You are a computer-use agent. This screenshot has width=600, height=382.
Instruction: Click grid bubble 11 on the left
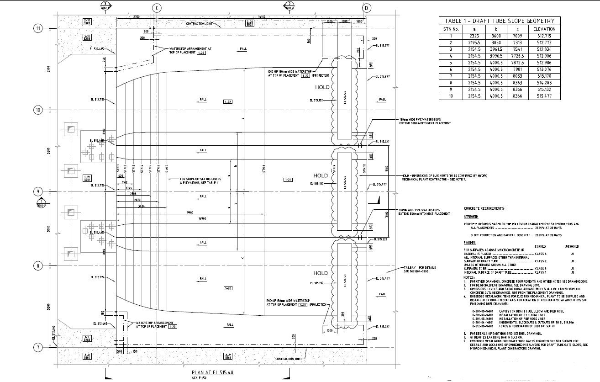pos(38,28)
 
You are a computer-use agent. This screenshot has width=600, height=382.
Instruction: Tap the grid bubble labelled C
pos(157,8)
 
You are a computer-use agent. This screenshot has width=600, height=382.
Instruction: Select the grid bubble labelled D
pos(367,8)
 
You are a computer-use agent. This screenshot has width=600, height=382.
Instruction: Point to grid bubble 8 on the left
pos(38,266)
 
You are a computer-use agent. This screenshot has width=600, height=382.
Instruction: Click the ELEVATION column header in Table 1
pos(544,29)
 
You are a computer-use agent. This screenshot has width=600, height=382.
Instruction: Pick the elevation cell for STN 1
pos(544,36)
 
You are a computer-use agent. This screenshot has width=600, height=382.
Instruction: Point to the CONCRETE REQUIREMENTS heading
pos(484,208)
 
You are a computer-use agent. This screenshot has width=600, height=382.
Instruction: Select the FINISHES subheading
pos(469,243)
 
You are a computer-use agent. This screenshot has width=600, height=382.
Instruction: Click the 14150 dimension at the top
pos(261,17)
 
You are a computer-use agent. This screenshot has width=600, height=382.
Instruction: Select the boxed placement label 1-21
pos(288,180)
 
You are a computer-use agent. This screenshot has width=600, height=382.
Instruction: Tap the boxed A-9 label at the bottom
pos(228,356)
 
